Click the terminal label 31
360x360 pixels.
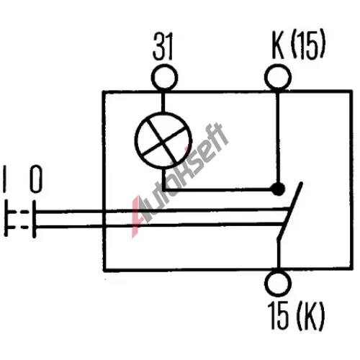163,46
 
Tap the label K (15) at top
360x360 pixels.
298,45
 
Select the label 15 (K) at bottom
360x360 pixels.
296,315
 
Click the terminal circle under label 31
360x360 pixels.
164,78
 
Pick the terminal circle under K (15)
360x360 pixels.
278,77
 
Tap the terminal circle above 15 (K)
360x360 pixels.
278,284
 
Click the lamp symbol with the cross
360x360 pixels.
163,140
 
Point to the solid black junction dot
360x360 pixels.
278,189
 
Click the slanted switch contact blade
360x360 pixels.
289,211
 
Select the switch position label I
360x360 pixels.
4,179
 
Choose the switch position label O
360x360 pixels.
36,179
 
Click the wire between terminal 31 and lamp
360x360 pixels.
163,101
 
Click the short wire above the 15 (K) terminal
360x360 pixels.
279,254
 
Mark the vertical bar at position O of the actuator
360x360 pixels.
35,219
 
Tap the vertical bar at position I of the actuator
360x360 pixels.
6,219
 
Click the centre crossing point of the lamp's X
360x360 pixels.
163,140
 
